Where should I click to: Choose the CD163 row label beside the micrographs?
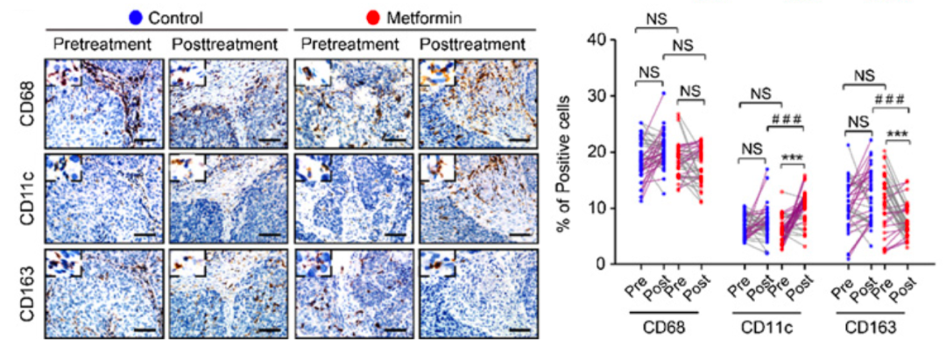point(27,293)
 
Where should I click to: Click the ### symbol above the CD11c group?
point(785,118)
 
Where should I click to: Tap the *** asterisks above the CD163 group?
point(897,136)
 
